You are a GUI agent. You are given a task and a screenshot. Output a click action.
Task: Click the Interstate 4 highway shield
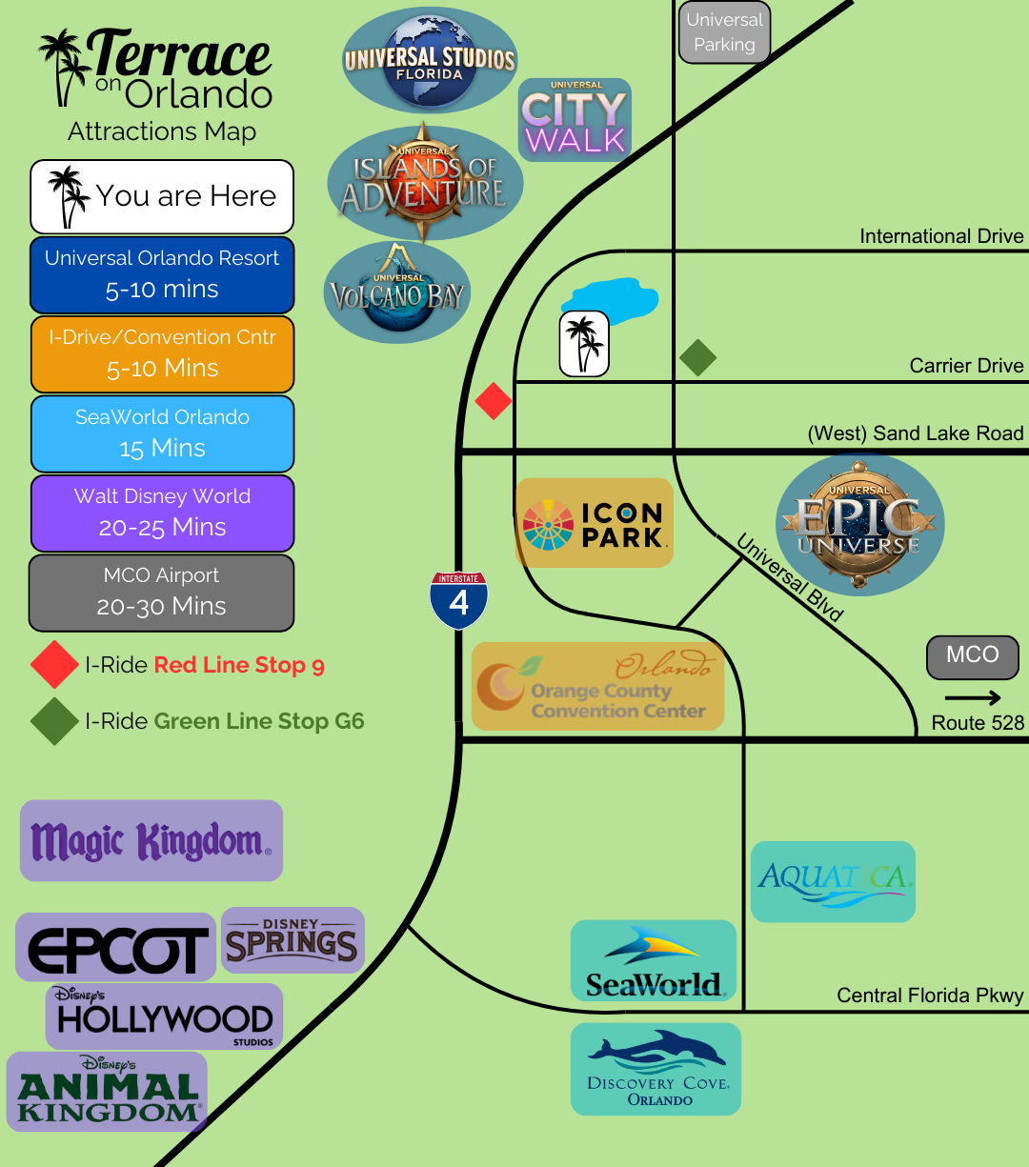click(459, 600)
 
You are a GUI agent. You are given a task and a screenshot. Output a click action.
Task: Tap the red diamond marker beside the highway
click(494, 401)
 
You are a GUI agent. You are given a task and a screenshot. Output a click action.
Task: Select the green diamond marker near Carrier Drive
click(697, 358)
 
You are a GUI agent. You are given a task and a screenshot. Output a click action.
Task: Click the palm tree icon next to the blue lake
click(583, 343)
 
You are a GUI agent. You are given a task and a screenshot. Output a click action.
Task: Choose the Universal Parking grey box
click(724, 32)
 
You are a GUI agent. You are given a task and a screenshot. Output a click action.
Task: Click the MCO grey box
click(972, 656)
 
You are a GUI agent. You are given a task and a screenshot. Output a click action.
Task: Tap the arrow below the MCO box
click(973, 697)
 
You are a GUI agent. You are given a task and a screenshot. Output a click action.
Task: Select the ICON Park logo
click(595, 523)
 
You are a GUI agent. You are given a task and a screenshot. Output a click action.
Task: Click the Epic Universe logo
click(859, 525)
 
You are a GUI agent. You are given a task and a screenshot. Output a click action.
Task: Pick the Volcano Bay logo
click(397, 292)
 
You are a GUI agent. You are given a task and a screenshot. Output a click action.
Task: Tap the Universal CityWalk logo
click(575, 120)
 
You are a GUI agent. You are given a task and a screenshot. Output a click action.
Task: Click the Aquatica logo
click(833, 881)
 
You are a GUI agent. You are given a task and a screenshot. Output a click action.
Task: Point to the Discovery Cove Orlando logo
click(656, 1068)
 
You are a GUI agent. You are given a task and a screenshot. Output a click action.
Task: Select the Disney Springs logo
click(293, 940)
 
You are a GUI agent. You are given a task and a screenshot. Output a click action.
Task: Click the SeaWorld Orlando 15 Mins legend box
click(162, 433)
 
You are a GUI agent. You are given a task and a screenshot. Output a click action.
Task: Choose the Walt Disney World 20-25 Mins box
click(162, 513)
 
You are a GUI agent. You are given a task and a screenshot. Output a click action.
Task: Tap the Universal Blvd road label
click(790, 579)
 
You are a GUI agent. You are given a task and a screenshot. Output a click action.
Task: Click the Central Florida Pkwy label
click(930, 996)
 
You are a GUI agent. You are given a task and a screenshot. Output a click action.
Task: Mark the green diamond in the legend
click(54, 721)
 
